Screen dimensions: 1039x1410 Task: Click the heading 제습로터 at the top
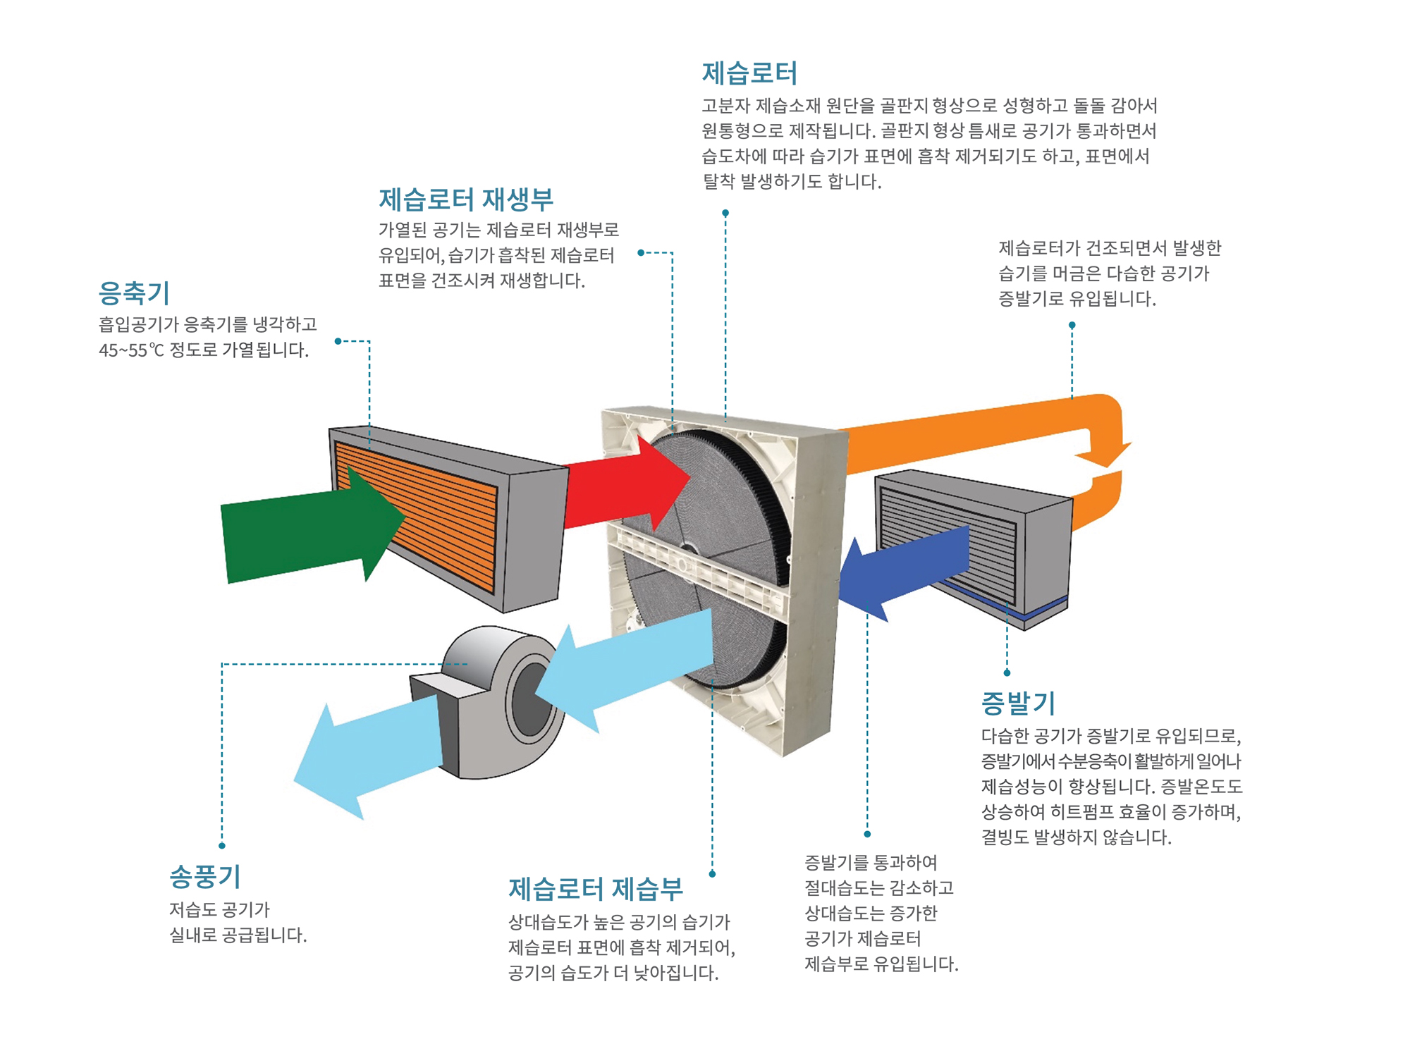pos(749,73)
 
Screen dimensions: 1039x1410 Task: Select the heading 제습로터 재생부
pos(466,199)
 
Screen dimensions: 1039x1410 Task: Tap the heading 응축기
pos(134,293)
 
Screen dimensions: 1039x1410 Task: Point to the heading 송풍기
pos(205,877)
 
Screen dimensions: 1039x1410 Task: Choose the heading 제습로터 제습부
pos(596,890)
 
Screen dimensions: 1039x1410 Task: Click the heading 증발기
pos(1018,703)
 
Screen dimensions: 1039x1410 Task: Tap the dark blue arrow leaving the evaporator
pos(902,571)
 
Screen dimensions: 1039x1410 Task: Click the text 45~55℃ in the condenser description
pos(131,350)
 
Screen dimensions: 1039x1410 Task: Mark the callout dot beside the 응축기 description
pos(338,341)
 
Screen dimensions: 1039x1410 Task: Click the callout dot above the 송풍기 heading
pos(222,845)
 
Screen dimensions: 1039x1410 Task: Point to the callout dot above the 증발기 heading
pos(1007,672)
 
